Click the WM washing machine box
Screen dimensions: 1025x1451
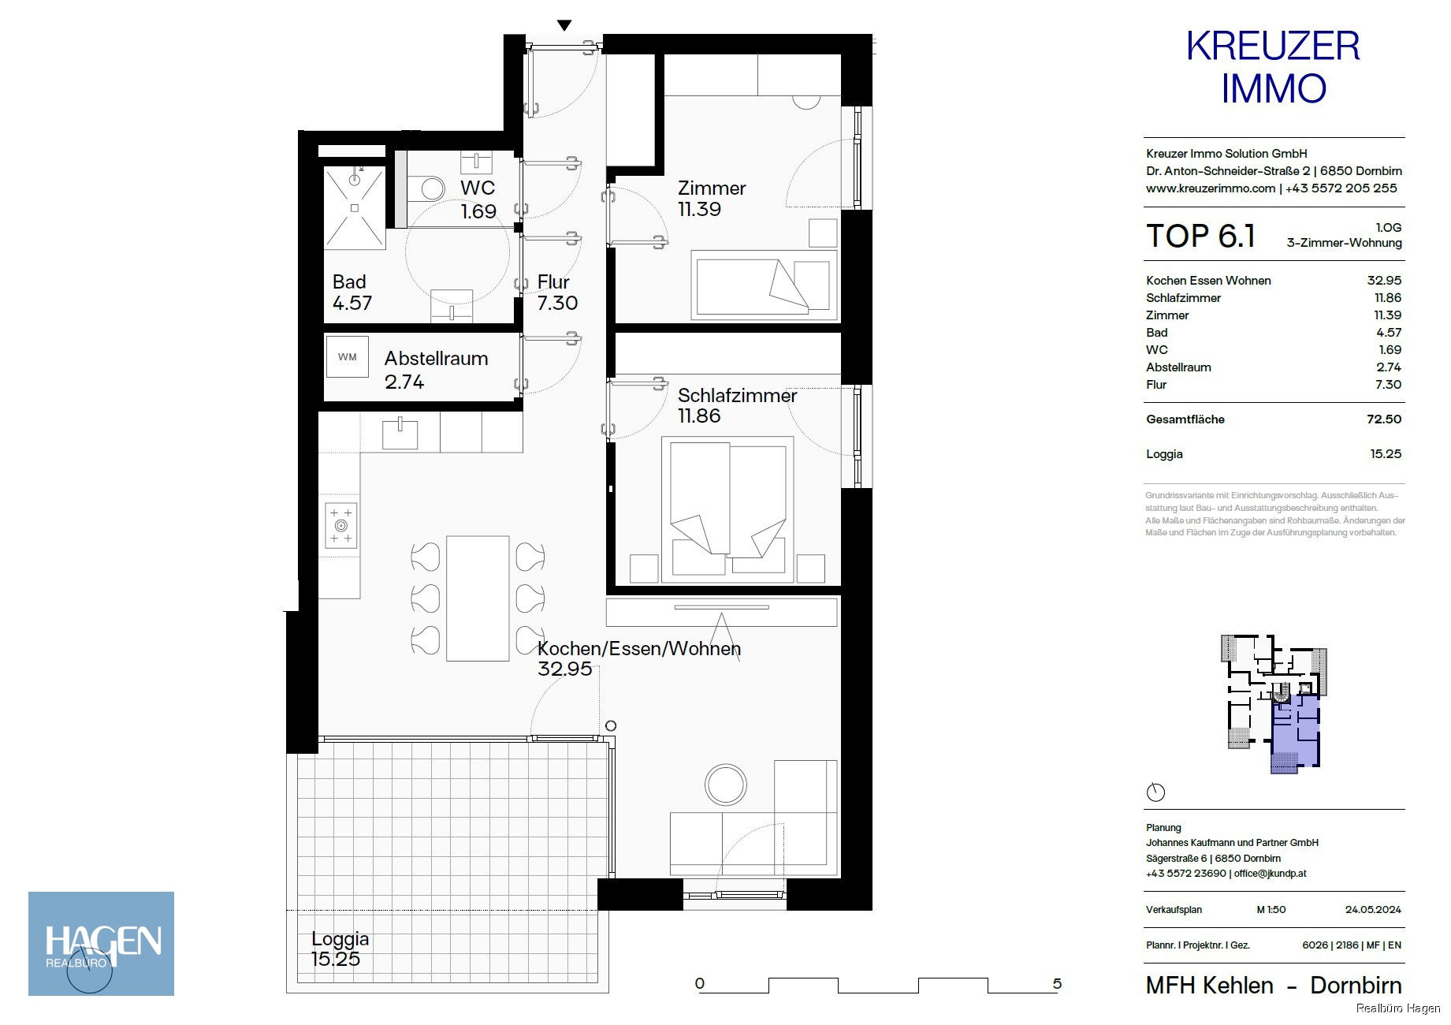[348, 356]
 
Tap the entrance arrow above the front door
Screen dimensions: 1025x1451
[564, 26]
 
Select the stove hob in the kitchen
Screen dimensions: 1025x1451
[341, 525]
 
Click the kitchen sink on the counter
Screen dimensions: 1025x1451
[400, 434]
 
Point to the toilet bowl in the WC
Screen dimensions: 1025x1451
[430, 188]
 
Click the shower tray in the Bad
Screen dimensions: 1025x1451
[355, 207]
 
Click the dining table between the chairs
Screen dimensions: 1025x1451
[478, 598]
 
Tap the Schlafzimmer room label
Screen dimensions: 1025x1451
[737, 396]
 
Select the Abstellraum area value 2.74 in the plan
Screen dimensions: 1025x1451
[404, 382]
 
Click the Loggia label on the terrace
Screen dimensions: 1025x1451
[340, 939]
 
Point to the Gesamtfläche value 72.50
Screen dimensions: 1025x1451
[1384, 419]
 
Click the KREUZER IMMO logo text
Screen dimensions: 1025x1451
[1273, 67]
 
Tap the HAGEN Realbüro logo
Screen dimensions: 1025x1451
[101, 943]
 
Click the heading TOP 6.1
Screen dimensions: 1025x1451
[1200, 237]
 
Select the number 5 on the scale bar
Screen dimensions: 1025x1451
[1057, 983]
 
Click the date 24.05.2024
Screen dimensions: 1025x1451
[1373, 909]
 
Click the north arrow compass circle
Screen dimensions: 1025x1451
[1155, 792]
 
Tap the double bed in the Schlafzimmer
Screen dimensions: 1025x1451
[727, 509]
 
